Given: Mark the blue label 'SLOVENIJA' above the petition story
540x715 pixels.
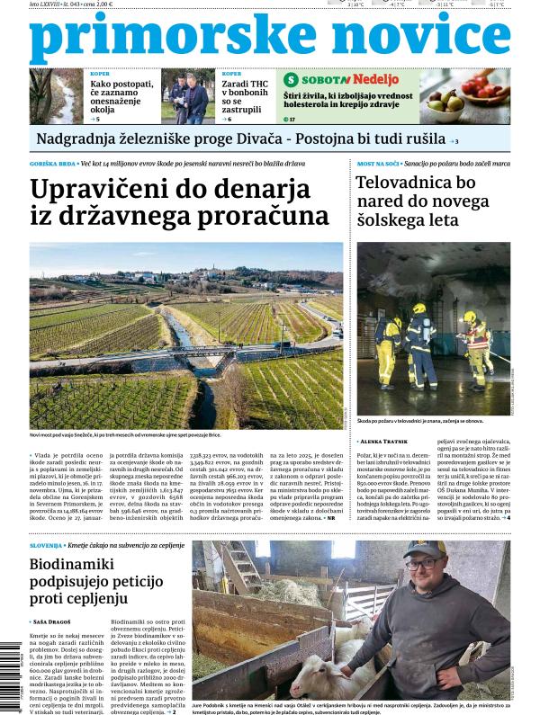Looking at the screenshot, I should point(45,546).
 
